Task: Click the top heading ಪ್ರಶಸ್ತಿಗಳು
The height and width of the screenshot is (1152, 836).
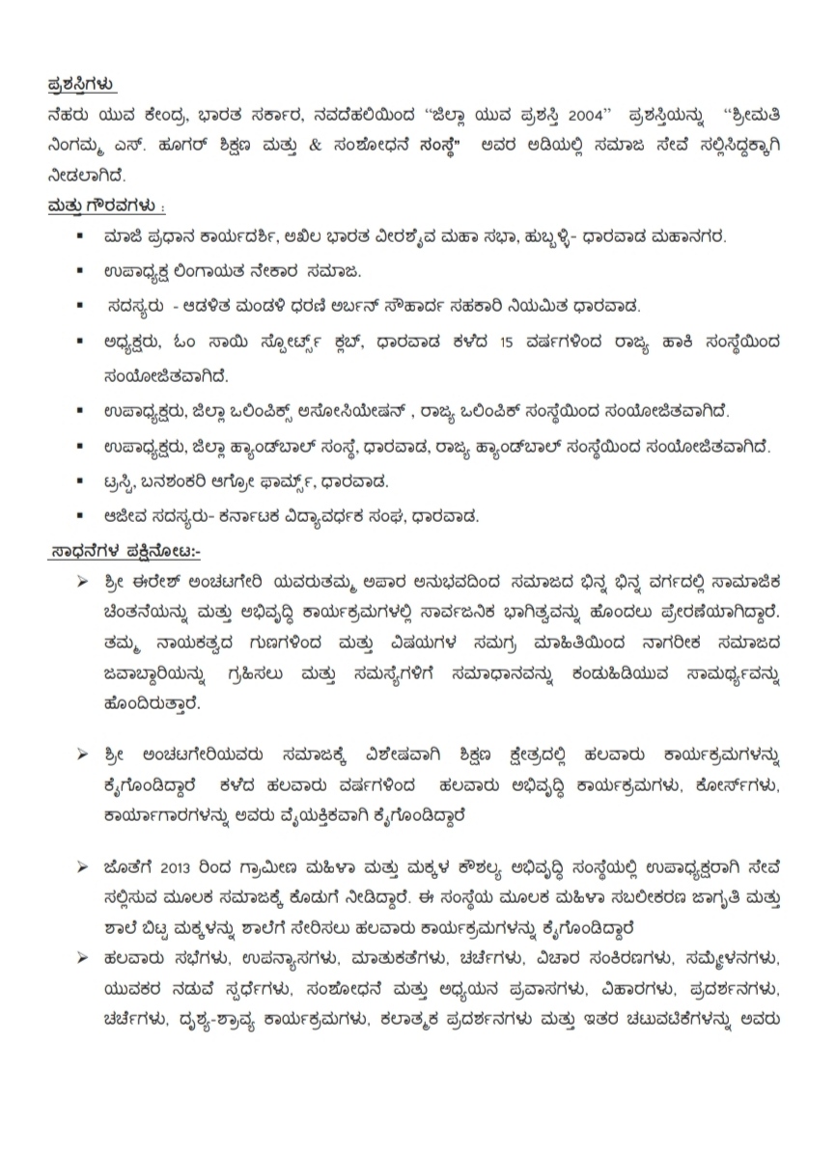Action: coord(82,86)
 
